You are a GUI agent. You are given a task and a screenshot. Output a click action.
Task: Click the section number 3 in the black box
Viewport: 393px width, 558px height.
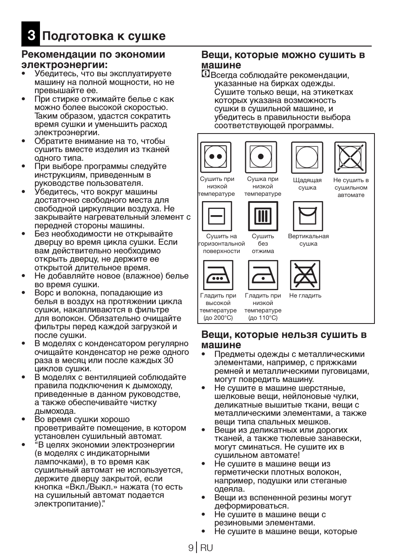click(31, 36)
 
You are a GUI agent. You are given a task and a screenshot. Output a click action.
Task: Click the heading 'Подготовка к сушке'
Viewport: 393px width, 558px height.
click(104, 36)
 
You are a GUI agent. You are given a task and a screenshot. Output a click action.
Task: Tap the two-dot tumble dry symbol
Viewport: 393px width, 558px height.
click(215, 157)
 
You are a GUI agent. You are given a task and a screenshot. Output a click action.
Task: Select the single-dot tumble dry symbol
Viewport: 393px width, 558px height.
click(261, 157)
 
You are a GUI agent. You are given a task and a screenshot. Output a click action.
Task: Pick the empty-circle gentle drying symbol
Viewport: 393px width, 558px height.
click(307, 157)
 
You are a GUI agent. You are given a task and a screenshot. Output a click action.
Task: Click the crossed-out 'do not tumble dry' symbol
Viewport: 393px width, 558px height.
click(350, 157)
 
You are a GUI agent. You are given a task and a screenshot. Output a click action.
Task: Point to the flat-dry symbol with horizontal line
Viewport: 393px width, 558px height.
click(217, 216)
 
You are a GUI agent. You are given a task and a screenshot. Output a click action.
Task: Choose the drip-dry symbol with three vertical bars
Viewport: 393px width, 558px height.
click(263, 216)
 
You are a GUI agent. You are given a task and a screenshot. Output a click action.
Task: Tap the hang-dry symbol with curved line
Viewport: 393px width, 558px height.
click(308, 216)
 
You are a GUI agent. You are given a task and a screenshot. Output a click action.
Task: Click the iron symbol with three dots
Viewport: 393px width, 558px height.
click(218, 275)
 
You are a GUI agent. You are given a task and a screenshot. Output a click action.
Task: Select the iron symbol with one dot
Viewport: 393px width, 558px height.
click(263, 275)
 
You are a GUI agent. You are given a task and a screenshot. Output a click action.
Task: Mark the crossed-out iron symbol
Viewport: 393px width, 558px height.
click(305, 275)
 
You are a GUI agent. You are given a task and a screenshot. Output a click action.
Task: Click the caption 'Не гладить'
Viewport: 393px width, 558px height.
click(305, 295)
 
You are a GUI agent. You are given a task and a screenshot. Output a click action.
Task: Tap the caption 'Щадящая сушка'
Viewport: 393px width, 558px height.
click(307, 184)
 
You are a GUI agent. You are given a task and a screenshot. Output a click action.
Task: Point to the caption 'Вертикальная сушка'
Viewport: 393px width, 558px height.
click(308, 240)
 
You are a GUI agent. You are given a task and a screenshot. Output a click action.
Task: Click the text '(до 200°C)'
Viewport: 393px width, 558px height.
click(218, 318)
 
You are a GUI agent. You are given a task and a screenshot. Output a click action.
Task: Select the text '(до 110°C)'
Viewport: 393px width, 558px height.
click(263, 318)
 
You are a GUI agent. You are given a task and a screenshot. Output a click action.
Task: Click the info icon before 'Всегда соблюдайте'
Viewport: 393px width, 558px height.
click(205, 74)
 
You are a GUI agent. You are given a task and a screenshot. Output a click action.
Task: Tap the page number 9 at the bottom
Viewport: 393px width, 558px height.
click(191, 548)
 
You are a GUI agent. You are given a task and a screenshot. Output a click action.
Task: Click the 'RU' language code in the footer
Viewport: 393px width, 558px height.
click(207, 548)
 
